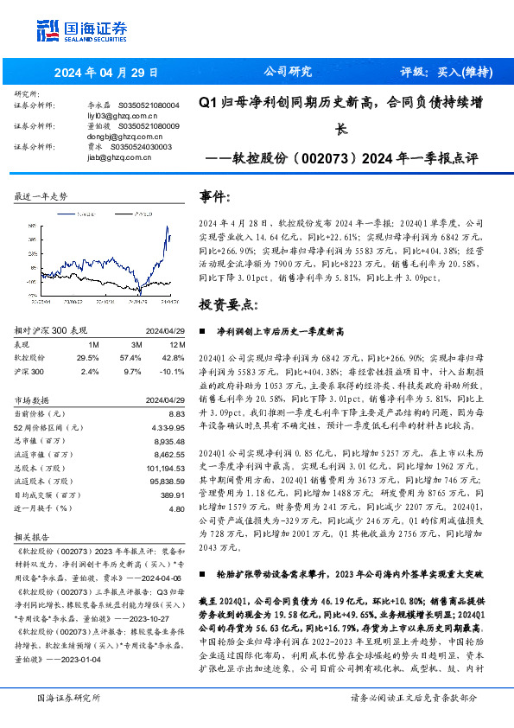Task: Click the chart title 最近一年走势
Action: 41,197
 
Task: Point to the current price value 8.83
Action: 176,415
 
